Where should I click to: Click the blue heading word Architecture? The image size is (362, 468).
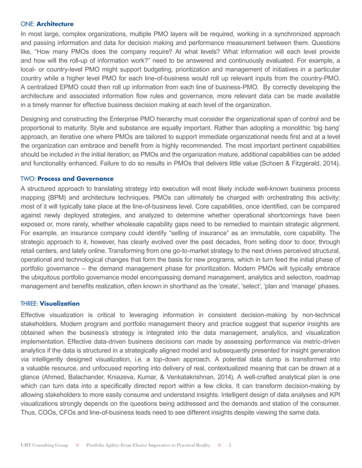56,24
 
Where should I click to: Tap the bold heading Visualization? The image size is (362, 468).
60,303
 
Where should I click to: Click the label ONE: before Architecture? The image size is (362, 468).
27,24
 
